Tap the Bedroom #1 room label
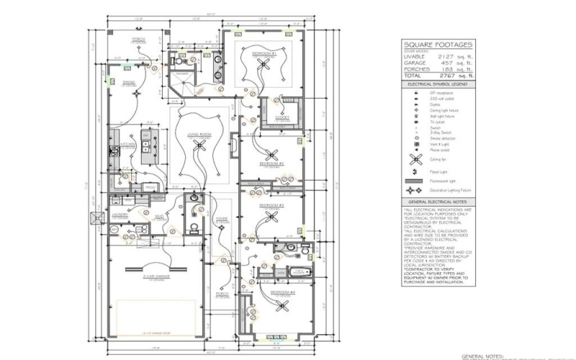click(x=264, y=53)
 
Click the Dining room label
click(x=129, y=83)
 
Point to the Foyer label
click(x=222, y=220)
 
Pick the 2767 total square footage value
click(x=445, y=74)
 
